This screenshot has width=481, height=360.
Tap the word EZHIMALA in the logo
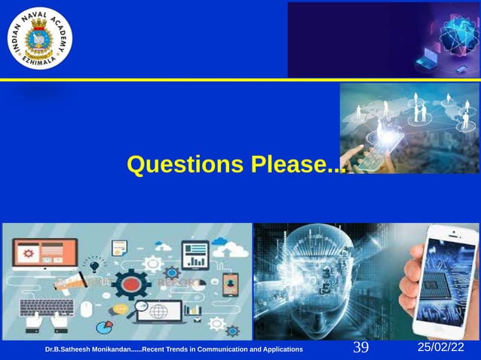(x=41, y=67)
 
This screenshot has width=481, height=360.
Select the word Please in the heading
(x=290, y=165)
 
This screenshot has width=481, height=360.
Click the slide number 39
(x=360, y=348)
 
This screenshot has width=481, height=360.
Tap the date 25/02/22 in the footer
(x=442, y=347)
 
